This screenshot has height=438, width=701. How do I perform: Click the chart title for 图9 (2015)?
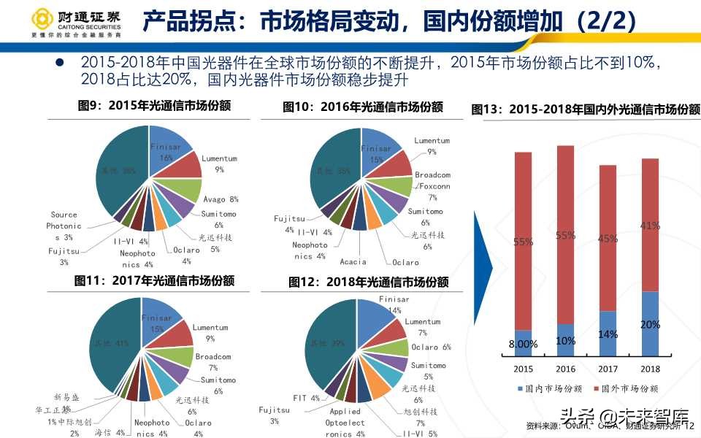click(x=154, y=105)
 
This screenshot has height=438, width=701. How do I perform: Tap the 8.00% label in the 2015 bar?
click(x=523, y=344)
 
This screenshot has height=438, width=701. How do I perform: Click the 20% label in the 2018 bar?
click(x=651, y=324)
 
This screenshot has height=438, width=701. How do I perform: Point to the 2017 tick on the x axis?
click(x=608, y=369)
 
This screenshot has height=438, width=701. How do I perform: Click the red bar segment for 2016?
click(x=565, y=234)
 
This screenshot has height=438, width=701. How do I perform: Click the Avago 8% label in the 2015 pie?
click(x=221, y=199)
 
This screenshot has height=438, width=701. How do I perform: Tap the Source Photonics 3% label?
click(x=64, y=226)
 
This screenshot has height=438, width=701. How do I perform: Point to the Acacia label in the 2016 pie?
click(x=353, y=262)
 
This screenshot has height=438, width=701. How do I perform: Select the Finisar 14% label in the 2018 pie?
click(x=394, y=304)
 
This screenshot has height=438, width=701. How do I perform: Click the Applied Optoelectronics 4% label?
click(x=344, y=423)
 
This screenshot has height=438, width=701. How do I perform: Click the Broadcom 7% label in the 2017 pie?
click(x=212, y=362)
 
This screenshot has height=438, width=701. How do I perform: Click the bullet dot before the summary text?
click(x=59, y=64)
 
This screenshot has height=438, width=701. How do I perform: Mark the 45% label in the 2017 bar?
click(x=608, y=237)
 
